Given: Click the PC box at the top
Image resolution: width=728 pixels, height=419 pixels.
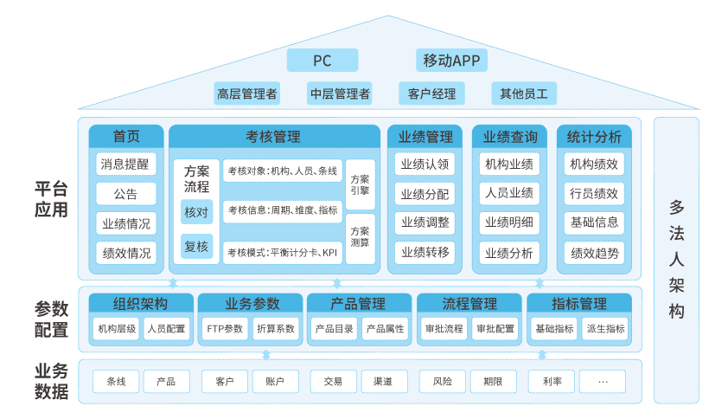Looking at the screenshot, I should click(322, 61).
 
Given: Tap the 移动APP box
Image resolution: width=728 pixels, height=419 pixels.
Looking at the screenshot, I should click(451, 61).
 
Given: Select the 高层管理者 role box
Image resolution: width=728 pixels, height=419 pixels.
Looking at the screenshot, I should click(247, 93).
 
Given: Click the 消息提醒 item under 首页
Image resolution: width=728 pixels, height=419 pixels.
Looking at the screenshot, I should click(125, 164).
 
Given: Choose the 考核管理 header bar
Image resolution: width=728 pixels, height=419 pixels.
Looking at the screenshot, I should click(274, 137).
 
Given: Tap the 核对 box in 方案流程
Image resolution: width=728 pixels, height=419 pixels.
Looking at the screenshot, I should click(196, 212).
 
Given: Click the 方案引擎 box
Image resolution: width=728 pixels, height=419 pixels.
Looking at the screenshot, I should click(361, 184).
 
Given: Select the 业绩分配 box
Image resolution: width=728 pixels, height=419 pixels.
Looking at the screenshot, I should click(425, 193).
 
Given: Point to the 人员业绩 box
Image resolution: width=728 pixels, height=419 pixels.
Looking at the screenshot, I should click(509, 193).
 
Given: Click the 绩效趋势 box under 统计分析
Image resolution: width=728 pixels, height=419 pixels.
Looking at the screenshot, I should click(594, 253).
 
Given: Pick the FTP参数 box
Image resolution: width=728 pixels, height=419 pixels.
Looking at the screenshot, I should click(225, 329).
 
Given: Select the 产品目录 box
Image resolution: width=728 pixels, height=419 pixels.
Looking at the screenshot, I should click(334, 329).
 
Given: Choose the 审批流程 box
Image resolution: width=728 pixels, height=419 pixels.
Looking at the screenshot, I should click(444, 329).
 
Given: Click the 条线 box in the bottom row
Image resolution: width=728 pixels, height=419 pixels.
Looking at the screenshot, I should click(116, 381).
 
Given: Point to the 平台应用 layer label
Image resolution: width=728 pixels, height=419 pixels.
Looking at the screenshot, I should click(51, 200).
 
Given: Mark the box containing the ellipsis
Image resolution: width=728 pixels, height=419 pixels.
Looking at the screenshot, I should click(603, 381).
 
